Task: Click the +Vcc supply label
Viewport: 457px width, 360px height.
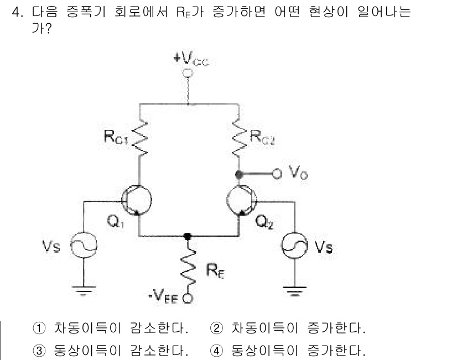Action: tap(188, 60)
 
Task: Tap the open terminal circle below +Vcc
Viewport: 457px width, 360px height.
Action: tap(188, 72)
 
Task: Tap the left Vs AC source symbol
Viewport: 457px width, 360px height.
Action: tap(84, 246)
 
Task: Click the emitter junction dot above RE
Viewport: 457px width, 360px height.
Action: tap(188, 236)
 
